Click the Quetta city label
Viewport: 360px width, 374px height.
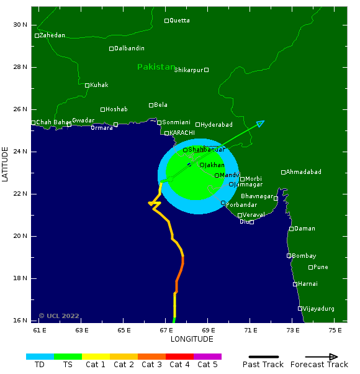point(180,21)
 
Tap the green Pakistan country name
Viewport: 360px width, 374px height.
point(156,67)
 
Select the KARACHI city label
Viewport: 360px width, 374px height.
point(182,133)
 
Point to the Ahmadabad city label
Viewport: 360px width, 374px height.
point(304,172)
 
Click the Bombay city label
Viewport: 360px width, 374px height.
point(304,256)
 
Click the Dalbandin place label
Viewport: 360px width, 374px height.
point(130,48)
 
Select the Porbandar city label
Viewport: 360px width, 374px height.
point(241,205)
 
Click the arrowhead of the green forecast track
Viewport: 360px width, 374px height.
point(261,123)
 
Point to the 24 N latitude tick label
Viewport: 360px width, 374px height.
point(20,152)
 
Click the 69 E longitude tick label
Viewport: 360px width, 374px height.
point(208,330)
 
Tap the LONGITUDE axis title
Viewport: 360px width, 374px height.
point(192,339)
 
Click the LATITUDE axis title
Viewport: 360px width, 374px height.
point(6,165)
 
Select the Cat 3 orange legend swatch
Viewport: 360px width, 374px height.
point(151,357)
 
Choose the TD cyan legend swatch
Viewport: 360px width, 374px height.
point(40,357)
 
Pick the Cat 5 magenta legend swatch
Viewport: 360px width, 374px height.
point(207,357)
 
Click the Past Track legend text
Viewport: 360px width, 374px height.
point(263,365)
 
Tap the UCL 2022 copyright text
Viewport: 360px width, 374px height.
point(59,316)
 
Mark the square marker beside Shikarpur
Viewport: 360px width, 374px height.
point(207,70)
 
